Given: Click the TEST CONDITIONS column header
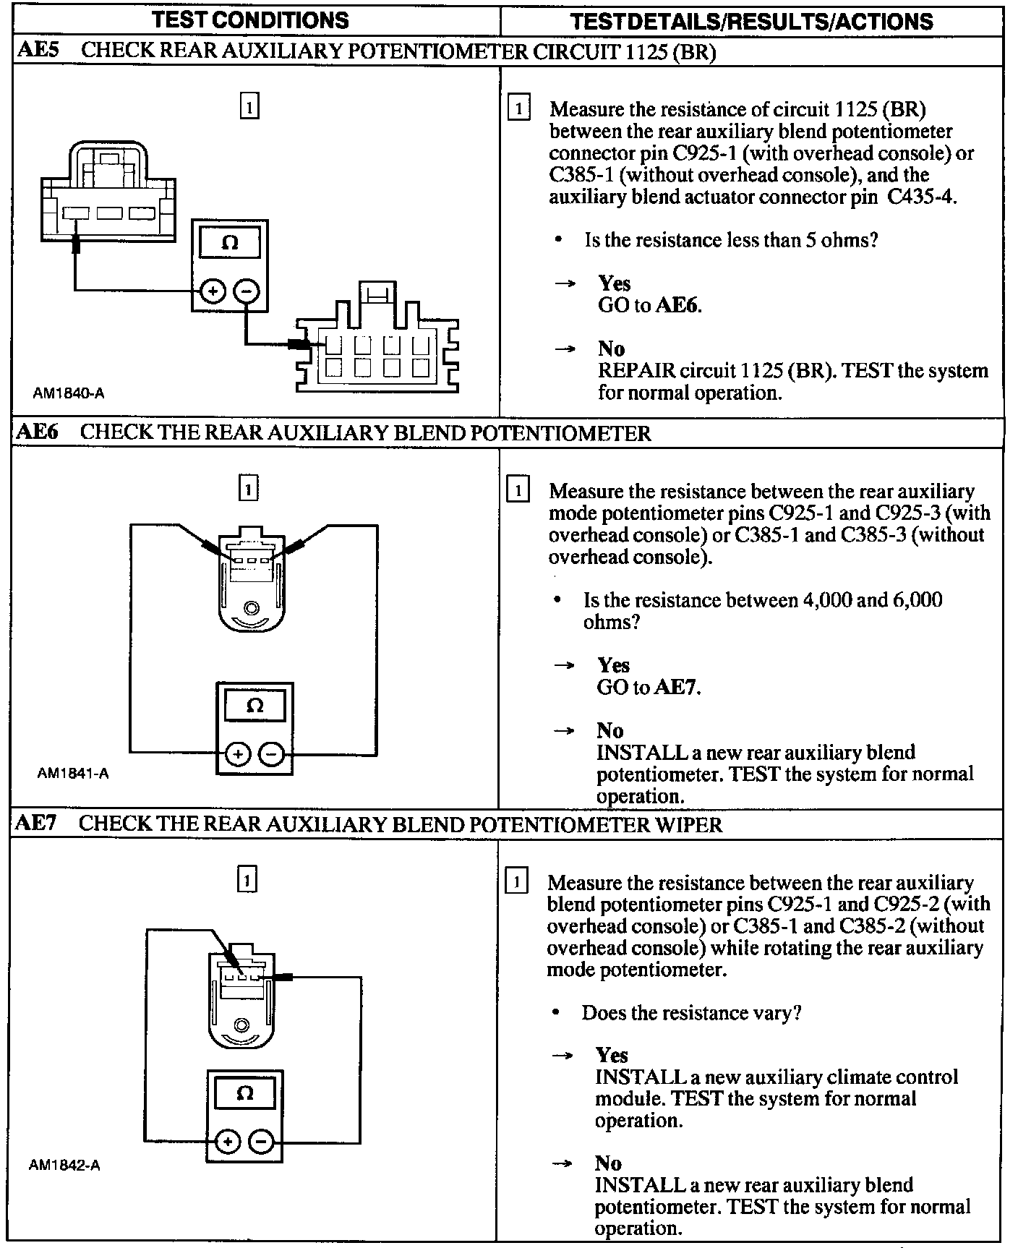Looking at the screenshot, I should tap(251, 20).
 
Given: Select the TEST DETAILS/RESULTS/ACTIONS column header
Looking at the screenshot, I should tap(751, 21).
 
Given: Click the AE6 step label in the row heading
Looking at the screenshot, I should tap(37, 432).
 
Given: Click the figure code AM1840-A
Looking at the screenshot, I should tap(69, 393).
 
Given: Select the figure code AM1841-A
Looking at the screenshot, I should tap(73, 774).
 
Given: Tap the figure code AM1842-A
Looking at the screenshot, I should tap(64, 1165).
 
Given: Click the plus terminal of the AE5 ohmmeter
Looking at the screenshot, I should tap(213, 291).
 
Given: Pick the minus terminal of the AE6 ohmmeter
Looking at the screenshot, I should tap(272, 754).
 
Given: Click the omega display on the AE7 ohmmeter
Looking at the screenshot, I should tap(244, 1093).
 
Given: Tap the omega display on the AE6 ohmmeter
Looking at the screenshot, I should tap(254, 705).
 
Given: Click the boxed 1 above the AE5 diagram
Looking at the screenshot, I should tap(248, 107).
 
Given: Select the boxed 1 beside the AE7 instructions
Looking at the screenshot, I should tap(516, 882).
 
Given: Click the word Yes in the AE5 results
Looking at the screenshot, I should tap(614, 283).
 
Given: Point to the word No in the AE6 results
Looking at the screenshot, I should tap(609, 730).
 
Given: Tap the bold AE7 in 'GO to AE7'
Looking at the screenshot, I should tap(676, 687).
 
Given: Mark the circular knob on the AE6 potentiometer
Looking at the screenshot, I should tap(251, 608).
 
